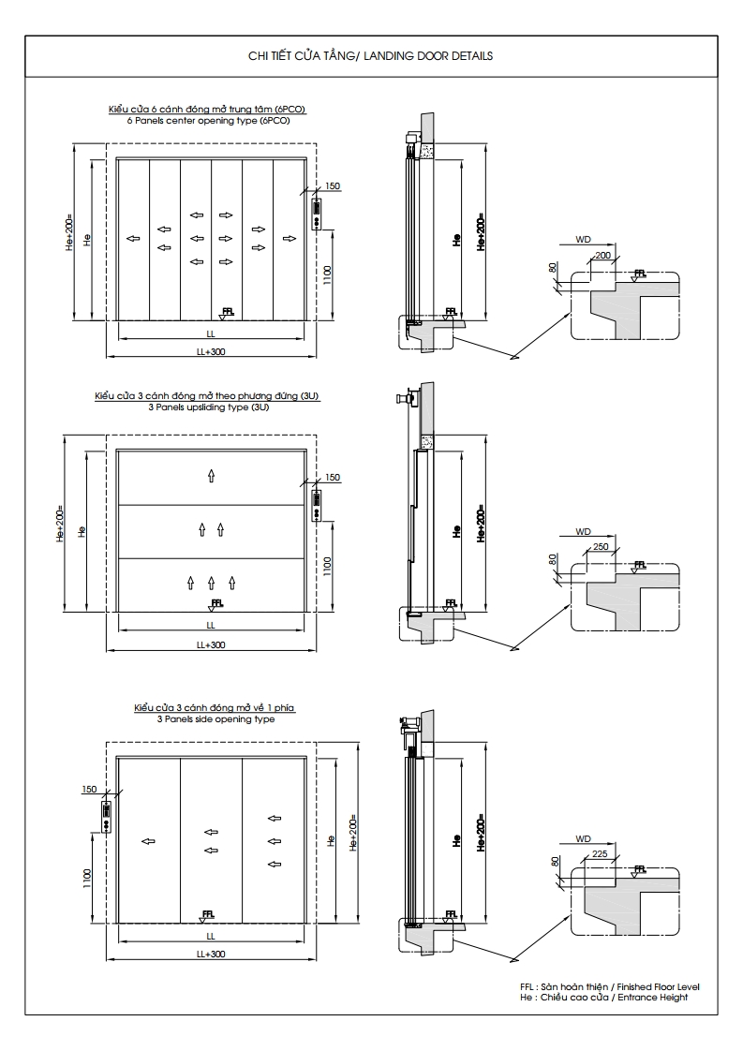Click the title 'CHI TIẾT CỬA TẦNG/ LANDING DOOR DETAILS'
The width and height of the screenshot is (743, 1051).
tap(370, 56)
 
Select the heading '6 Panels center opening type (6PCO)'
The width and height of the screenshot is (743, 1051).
tap(208, 121)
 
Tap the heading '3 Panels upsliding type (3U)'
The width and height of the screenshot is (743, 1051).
tap(208, 407)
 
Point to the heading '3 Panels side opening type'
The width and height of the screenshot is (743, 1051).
tap(215, 718)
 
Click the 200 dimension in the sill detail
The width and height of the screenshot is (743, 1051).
tap(602, 256)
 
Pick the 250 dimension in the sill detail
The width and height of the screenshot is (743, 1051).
tap(602, 546)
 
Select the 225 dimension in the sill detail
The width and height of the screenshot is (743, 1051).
tap(601, 853)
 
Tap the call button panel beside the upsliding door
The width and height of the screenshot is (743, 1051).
tap(317, 506)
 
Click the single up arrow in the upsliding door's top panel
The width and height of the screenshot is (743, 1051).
tap(211, 476)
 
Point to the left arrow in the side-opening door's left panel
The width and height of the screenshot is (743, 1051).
tap(148, 841)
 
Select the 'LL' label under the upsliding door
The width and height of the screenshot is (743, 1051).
tap(211, 625)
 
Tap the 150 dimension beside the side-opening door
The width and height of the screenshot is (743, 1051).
tap(89, 790)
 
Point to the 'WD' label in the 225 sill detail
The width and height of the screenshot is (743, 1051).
tap(583, 838)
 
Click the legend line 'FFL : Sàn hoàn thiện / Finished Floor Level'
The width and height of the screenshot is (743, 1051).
tap(609, 987)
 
